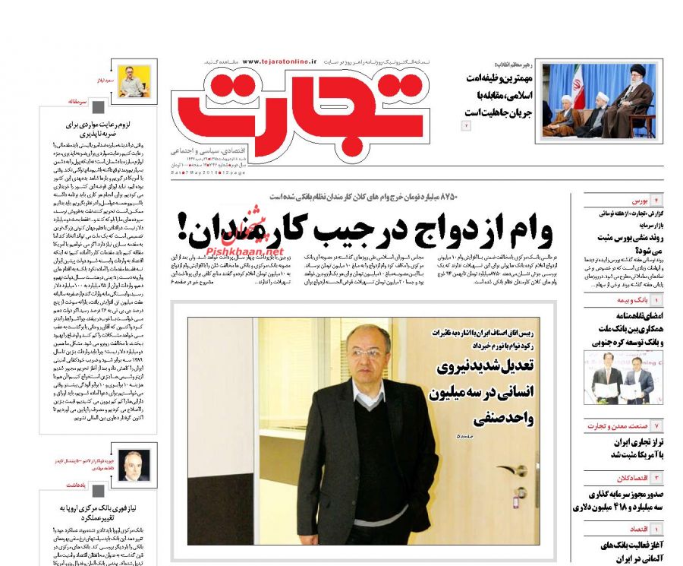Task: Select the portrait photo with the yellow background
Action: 135,81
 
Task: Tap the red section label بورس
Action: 639,201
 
